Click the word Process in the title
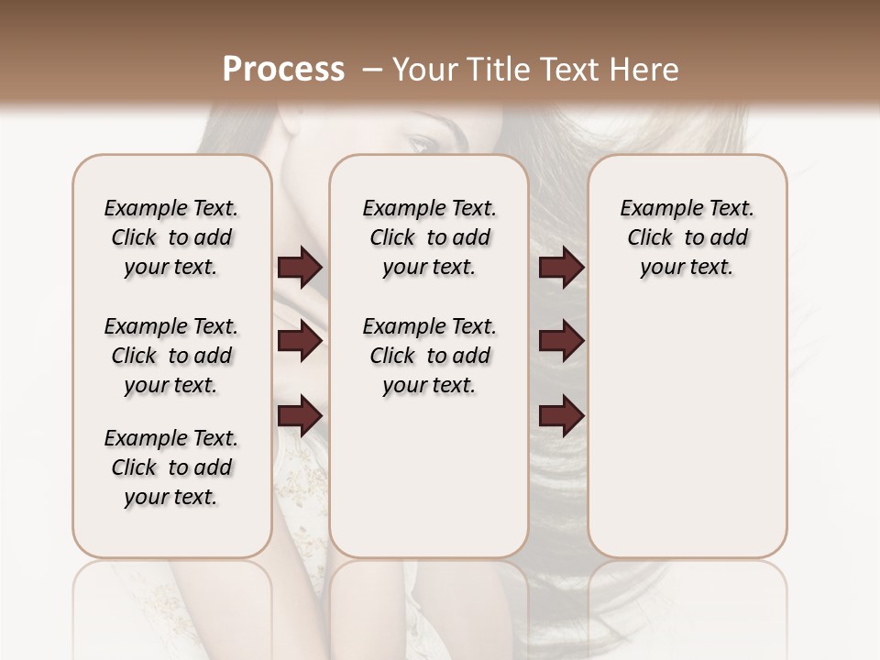(x=283, y=70)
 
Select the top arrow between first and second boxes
(x=300, y=268)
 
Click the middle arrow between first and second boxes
(x=300, y=342)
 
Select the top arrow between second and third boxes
(x=561, y=268)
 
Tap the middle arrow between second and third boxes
(x=561, y=342)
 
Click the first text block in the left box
(x=171, y=237)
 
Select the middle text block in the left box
(x=171, y=356)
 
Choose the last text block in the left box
(x=171, y=467)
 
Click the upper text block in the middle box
(x=429, y=237)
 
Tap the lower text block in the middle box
(x=429, y=356)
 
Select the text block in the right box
(x=687, y=237)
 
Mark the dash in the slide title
(x=371, y=70)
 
